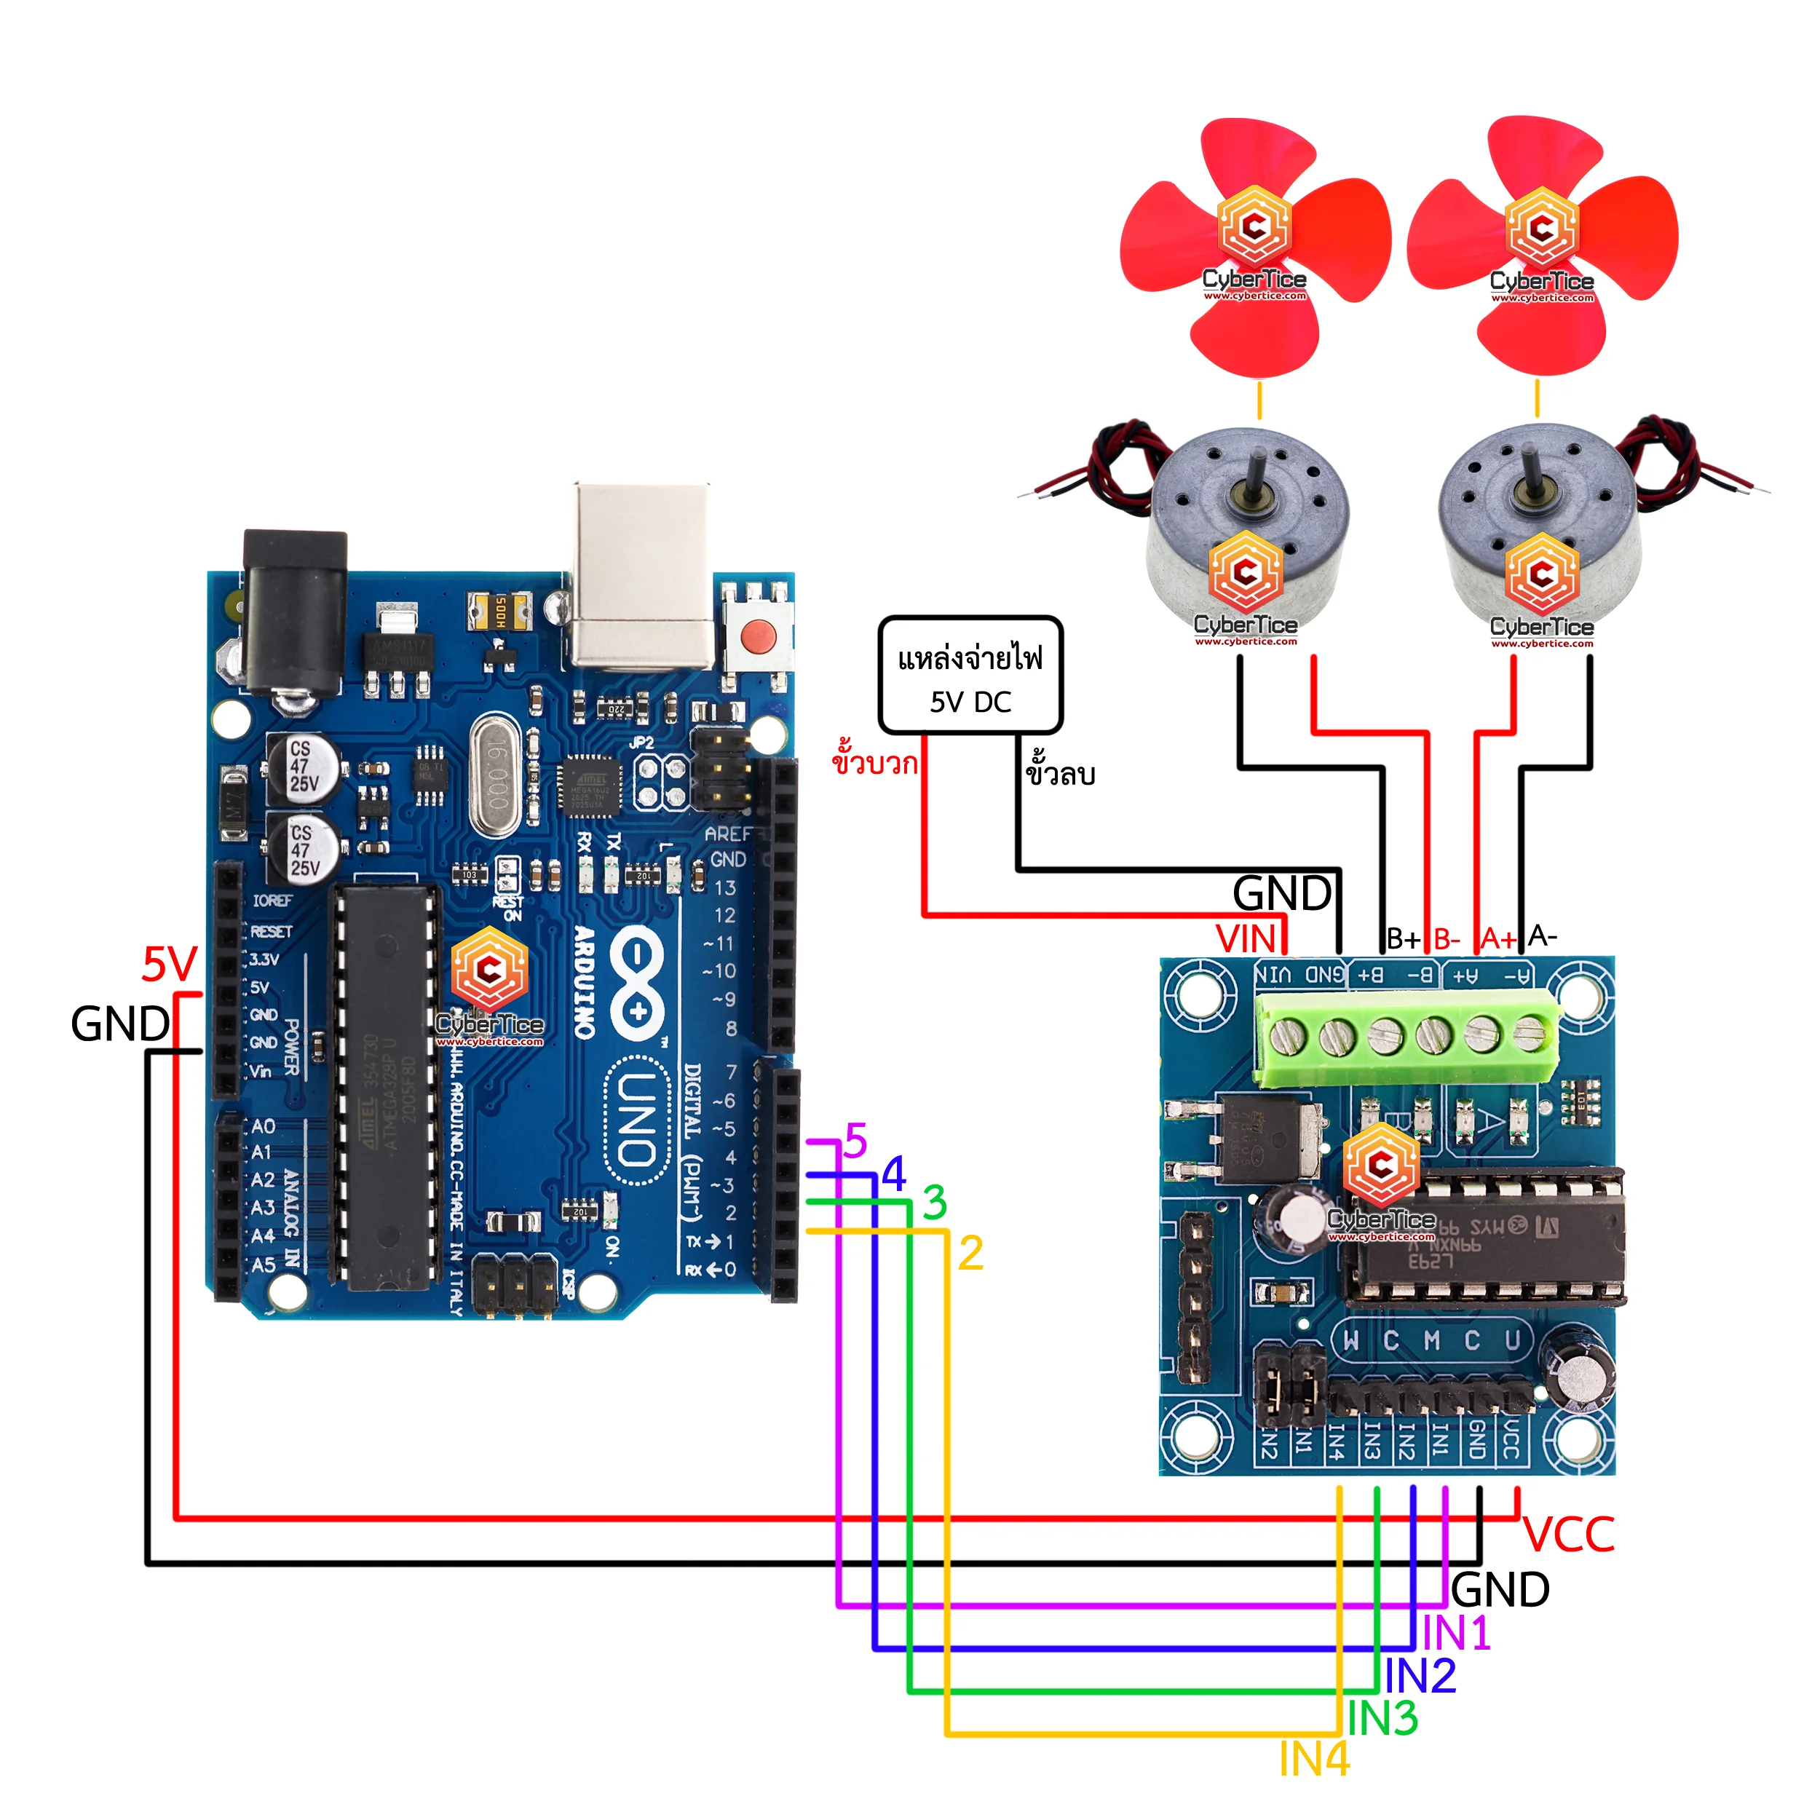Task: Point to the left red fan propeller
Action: tap(1255, 247)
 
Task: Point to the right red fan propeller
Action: tap(1542, 247)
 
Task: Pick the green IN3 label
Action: tap(1382, 1720)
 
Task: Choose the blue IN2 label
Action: tap(1420, 1676)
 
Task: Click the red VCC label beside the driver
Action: tap(1569, 1535)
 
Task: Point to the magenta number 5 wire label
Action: tap(855, 1141)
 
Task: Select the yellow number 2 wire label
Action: tap(970, 1254)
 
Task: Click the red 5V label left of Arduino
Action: tap(170, 965)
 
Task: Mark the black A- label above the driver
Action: tap(1542, 936)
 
